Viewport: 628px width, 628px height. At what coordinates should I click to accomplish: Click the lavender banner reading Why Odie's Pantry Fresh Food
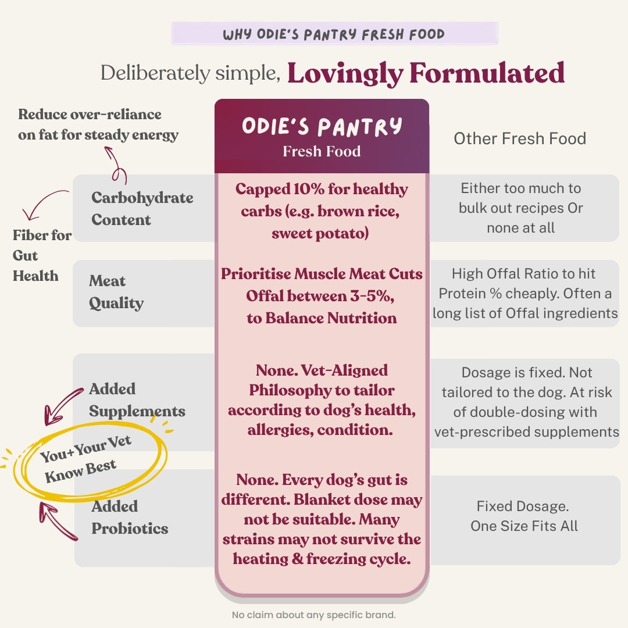click(x=334, y=33)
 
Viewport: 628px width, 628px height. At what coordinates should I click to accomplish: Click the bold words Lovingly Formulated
click(x=426, y=74)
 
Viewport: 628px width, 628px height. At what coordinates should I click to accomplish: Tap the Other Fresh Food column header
click(x=520, y=138)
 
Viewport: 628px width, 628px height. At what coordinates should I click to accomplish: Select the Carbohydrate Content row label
click(x=142, y=208)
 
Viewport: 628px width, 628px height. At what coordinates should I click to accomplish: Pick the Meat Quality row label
click(x=116, y=292)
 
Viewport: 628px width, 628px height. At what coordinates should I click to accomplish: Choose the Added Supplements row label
click(x=137, y=399)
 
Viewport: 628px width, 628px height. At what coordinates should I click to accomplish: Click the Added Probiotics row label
click(x=130, y=517)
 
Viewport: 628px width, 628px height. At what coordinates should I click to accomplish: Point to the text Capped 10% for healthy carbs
click(x=322, y=200)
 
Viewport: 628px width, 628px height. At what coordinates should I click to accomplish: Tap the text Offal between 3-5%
click(x=320, y=295)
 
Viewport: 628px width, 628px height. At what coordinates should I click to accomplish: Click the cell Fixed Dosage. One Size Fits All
click(x=524, y=516)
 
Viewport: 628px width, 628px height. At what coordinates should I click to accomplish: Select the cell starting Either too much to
click(x=520, y=208)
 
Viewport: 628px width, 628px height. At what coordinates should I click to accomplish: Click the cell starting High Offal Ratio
click(x=525, y=293)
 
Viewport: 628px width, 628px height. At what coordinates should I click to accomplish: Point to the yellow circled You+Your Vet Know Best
click(x=85, y=459)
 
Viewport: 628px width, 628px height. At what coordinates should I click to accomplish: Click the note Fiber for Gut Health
click(x=42, y=255)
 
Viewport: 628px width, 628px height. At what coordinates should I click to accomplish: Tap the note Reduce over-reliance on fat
click(x=98, y=124)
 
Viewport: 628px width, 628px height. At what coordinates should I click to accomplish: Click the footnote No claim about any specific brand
click(x=313, y=615)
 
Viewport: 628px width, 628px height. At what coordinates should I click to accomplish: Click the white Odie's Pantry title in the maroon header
click(x=322, y=126)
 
